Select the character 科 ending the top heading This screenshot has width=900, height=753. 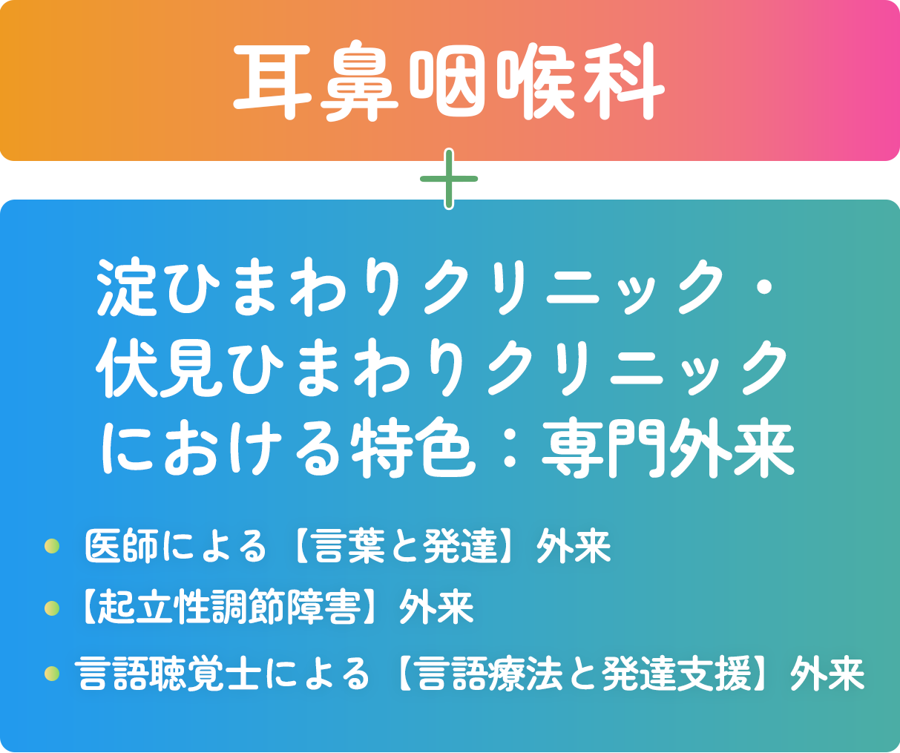coord(622,82)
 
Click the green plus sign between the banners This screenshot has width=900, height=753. coord(449,180)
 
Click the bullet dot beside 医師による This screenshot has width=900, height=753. coord(52,547)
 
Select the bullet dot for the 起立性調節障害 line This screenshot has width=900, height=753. coord(52,608)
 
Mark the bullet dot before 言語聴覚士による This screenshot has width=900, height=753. coord(52,674)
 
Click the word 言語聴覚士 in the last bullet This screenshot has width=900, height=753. coord(168,674)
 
